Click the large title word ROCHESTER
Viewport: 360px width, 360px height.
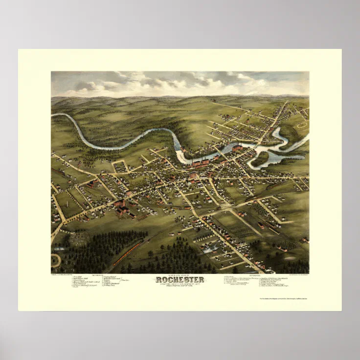tap(180, 280)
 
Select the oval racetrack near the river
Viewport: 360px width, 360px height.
tap(302, 126)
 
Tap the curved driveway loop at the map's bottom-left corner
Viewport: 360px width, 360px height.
tap(55, 260)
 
